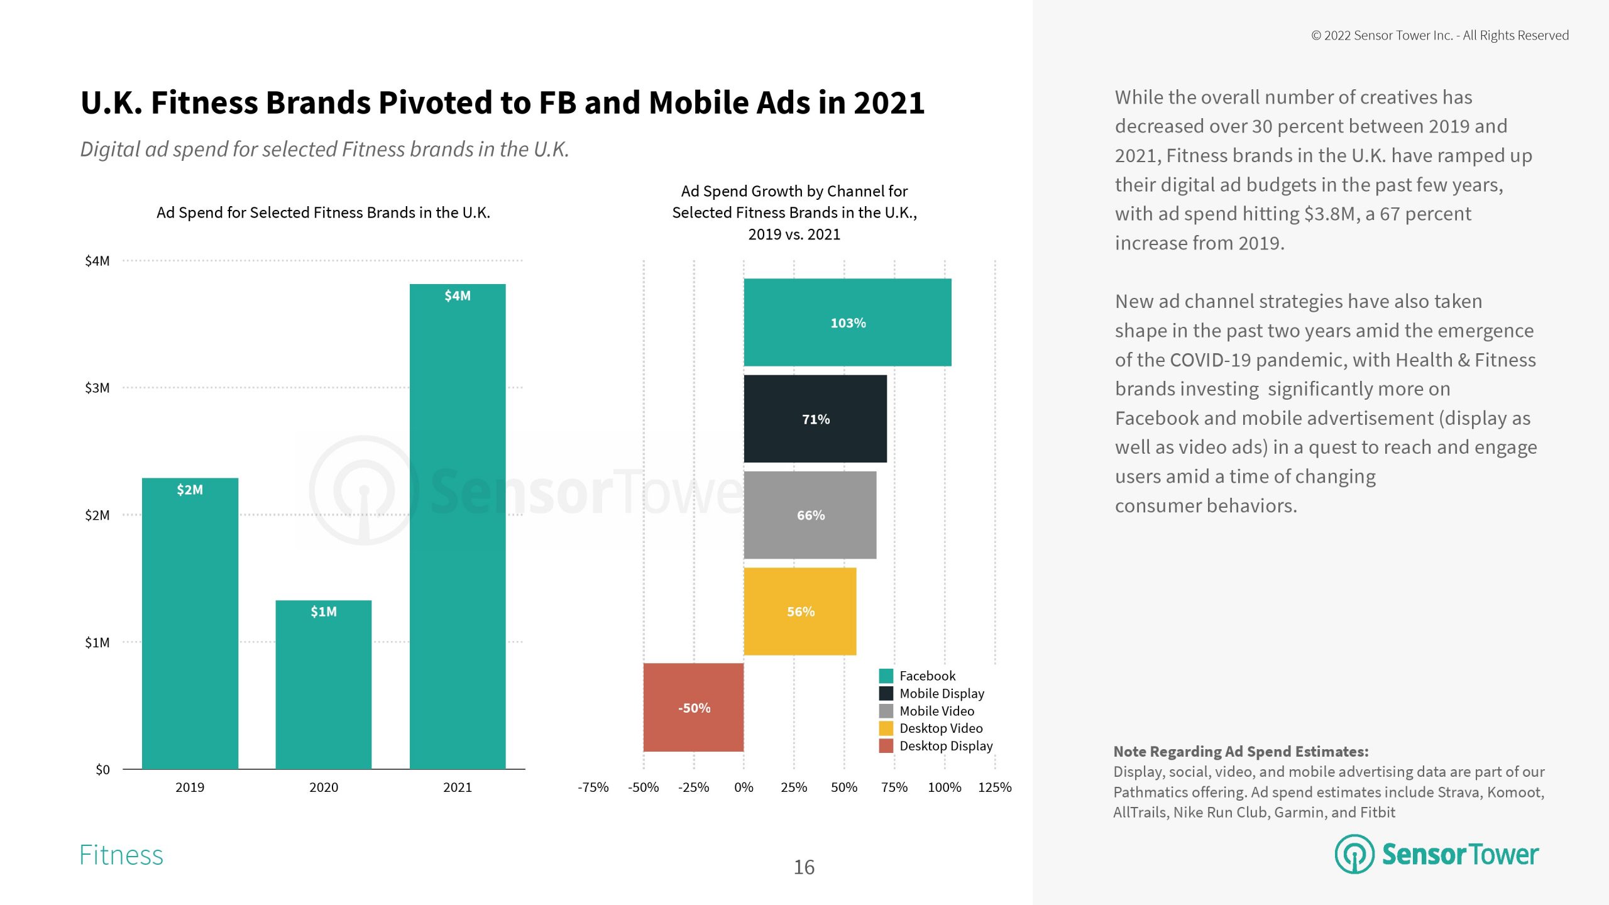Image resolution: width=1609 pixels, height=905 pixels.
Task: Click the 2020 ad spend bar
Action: tap(323, 685)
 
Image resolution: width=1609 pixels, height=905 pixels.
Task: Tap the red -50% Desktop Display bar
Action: tap(693, 707)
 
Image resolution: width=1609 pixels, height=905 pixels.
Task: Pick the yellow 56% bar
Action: tap(799, 611)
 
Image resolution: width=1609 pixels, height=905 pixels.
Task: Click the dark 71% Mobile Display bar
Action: tap(815, 419)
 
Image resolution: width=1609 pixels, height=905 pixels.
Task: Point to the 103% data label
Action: tap(848, 323)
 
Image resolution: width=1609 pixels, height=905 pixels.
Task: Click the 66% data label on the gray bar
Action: tap(811, 515)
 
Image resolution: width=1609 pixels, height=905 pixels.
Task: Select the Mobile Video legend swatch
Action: tap(886, 711)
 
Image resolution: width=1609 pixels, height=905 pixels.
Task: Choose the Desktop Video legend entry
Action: tap(940, 728)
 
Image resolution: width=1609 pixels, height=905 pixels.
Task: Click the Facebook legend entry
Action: tap(927, 676)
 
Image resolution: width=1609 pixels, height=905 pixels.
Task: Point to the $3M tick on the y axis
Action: tap(97, 388)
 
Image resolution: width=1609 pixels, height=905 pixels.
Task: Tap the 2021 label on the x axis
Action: tap(457, 787)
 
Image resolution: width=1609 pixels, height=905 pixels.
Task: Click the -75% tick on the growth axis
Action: tap(593, 787)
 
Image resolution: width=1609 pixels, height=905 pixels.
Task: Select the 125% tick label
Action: tap(994, 787)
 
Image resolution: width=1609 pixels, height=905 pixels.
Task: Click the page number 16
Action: tap(804, 867)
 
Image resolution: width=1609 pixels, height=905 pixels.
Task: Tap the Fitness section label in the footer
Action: tap(121, 855)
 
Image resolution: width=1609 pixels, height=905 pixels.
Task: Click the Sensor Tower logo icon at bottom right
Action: tap(1354, 854)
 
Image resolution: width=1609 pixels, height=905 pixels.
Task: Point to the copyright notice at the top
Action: tap(1439, 35)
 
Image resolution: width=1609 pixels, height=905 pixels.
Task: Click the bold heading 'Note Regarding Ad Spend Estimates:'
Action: tap(1241, 752)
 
